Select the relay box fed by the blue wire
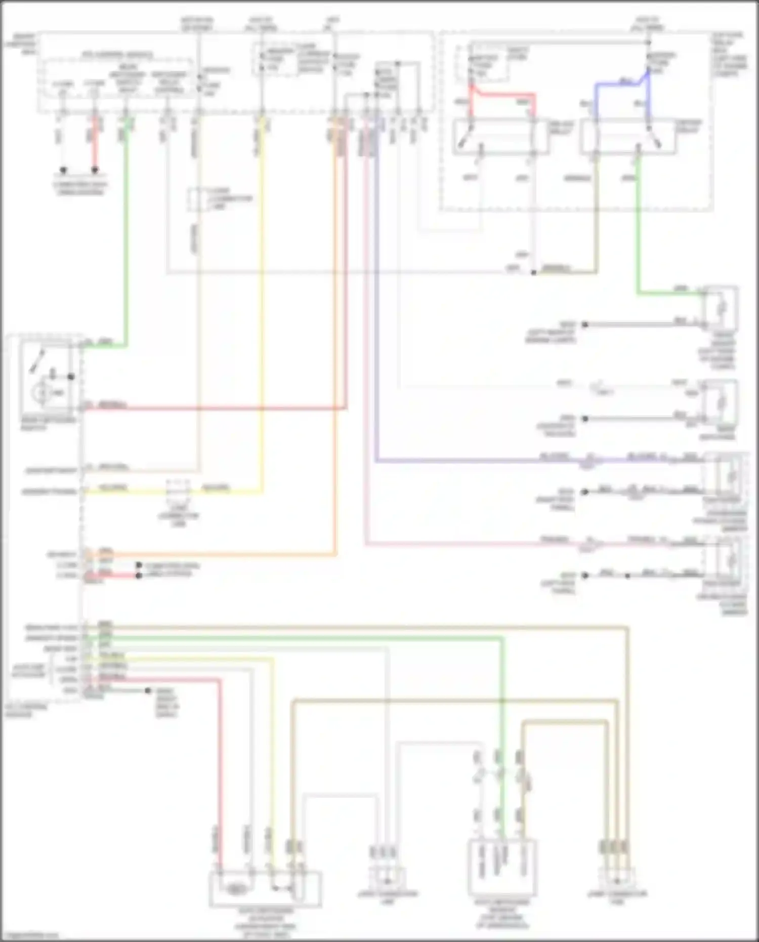(x=627, y=136)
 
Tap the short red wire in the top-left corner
(x=94, y=147)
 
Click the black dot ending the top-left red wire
(x=95, y=170)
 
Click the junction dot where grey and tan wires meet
(x=533, y=273)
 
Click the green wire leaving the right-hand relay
(x=638, y=228)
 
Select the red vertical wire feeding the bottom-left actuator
(x=220, y=759)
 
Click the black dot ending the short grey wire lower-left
(x=148, y=690)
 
